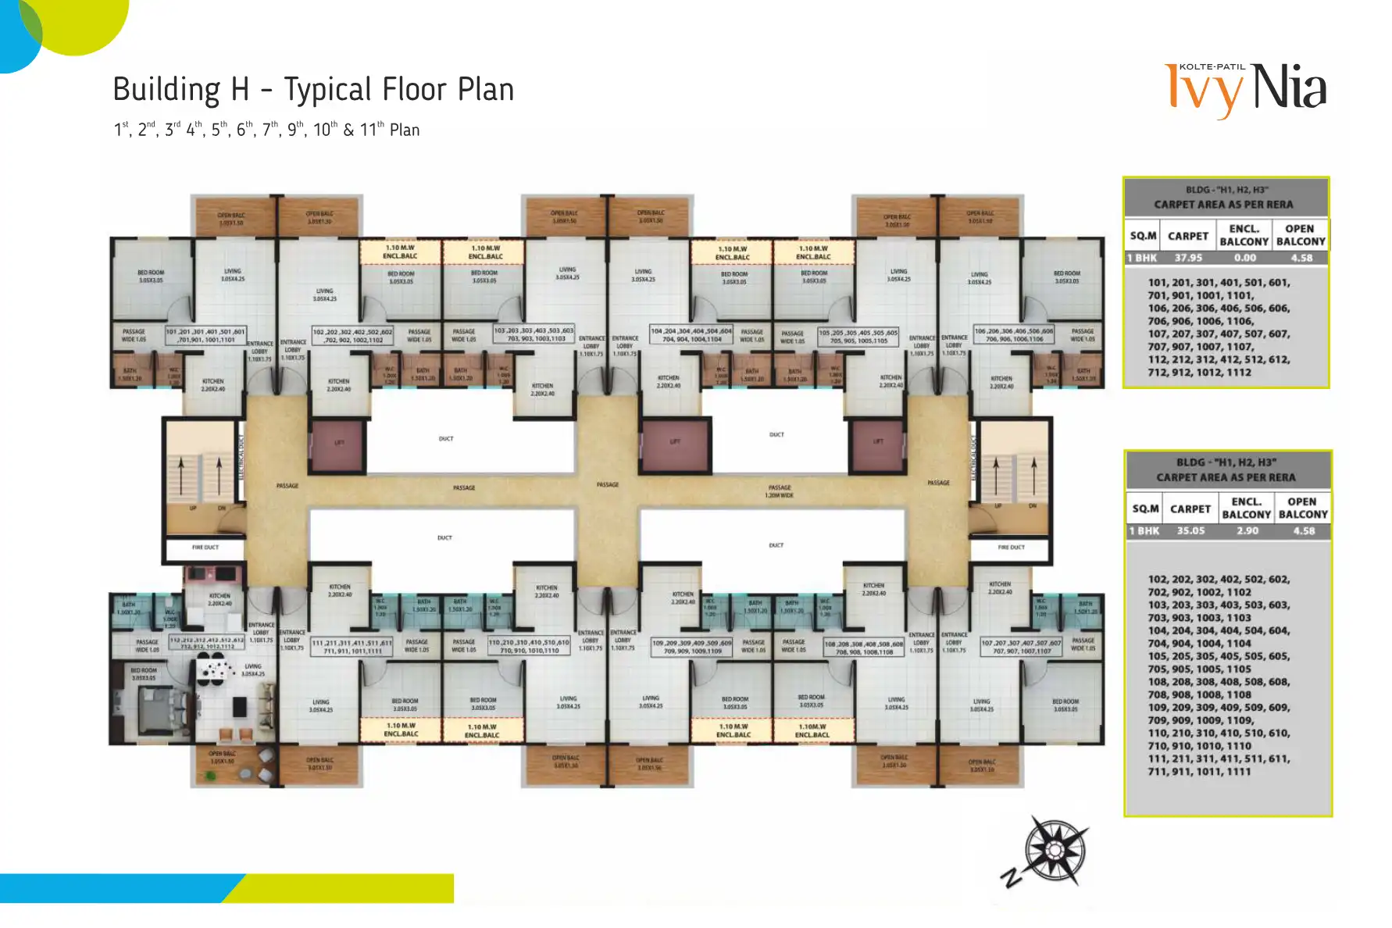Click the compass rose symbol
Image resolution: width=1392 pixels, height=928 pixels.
tap(1055, 850)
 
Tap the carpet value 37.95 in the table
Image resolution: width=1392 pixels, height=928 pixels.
tap(1188, 258)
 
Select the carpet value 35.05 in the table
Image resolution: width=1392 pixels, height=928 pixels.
tap(1190, 530)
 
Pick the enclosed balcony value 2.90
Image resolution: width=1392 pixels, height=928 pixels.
tap(1247, 530)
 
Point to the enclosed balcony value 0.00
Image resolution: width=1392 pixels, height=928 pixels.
tap(1244, 258)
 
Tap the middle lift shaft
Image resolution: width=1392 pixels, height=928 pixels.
tap(675, 442)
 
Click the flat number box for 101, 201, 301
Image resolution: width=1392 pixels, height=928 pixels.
tap(205, 336)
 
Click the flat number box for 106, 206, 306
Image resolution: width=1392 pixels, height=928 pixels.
tap(1014, 335)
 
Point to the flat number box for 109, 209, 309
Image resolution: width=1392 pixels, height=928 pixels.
tap(692, 647)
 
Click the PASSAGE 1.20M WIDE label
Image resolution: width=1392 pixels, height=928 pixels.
tap(779, 491)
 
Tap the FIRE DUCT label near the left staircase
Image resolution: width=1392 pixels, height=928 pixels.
tap(205, 548)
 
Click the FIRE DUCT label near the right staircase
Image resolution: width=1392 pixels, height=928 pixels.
tap(1011, 548)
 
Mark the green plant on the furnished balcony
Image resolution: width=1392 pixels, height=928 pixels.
tap(210, 776)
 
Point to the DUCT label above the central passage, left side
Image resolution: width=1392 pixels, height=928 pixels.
tap(446, 439)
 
